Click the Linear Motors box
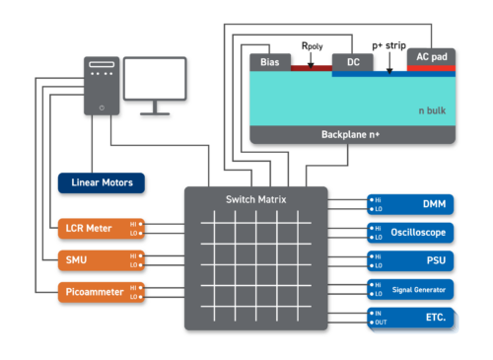[x=102, y=182]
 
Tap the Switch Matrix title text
[x=256, y=200]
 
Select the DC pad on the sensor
[x=352, y=61]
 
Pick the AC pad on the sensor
[x=431, y=57]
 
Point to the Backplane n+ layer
[x=354, y=134]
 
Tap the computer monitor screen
[x=155, y=78]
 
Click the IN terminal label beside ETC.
[x=377, y=313]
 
